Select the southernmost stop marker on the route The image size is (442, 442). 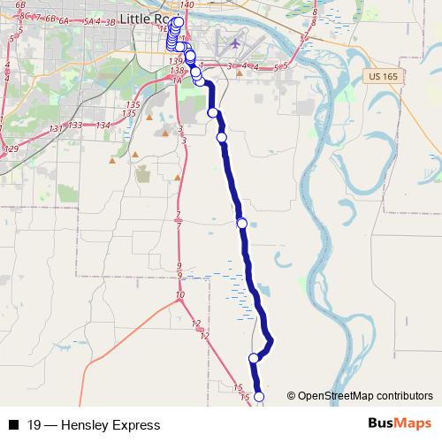(x=259, y=398)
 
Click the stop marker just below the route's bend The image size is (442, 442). (x=254, y=358)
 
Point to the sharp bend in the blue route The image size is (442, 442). (x=271, y=339)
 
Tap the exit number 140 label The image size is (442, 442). (x=187, y=5)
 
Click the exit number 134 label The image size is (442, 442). (x=103, y=126)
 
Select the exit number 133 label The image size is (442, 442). (x=77, y=126)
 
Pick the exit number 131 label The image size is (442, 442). (x=57, y=129)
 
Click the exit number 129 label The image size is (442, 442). (x=11, y=149)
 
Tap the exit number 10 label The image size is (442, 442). (x=180, y=294)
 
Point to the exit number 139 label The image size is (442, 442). (x=174, y=59)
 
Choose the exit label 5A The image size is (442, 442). (x=88, y=20)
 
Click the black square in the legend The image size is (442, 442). (x=13, y=425)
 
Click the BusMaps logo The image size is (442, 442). (x=400, y=424)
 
